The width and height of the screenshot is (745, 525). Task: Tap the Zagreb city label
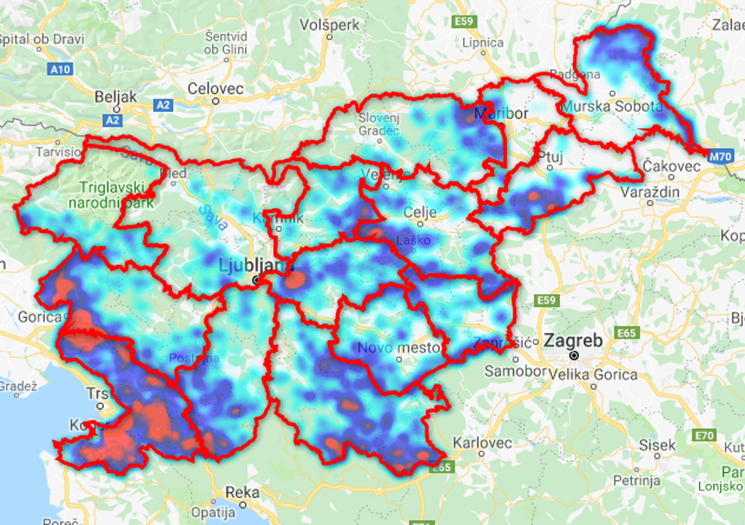click(573, 341)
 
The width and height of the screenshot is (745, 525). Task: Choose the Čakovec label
click(672, 166)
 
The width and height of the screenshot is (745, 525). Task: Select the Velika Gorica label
click(596, 374)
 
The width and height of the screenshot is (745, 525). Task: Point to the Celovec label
click(216, 89)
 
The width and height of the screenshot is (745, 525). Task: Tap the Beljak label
click(116, 97)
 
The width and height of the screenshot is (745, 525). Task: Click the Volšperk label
click(330, 25)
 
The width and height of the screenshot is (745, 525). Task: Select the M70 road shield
click(720, 157)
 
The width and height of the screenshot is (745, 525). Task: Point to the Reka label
click(242, 492)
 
